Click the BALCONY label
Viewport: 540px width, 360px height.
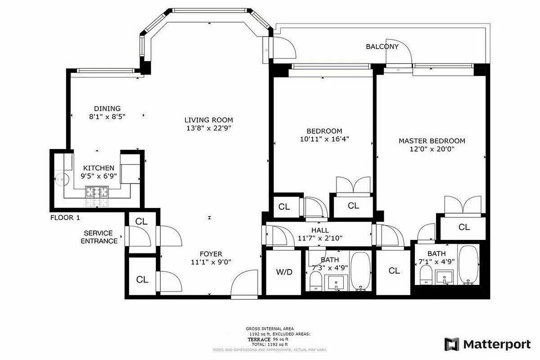click(x=382, y=46)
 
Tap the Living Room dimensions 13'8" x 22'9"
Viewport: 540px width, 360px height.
click(x=209, y=128)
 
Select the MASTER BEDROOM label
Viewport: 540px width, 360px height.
click(x=432, y=141)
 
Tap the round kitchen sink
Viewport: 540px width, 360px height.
click(x=60, y=179)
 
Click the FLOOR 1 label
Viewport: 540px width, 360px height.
click(x=65, y=218)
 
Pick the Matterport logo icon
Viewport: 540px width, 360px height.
click(x=452, y=344)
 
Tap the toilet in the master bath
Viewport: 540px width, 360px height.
click(x=426, y=274)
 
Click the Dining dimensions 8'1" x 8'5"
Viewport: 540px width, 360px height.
click(x=107, y=116)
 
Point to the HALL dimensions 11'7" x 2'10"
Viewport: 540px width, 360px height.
click(x=319, y=238)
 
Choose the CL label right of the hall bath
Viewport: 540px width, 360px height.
click(x=394, y=270)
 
